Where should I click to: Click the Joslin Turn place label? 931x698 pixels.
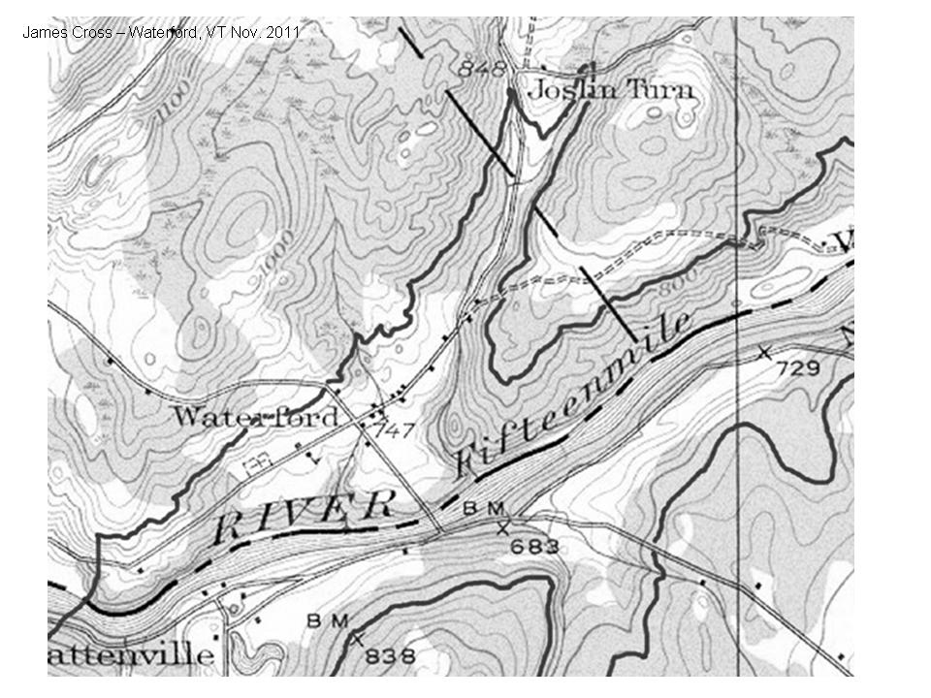point(610,90)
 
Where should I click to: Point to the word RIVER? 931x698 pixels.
point(304,514)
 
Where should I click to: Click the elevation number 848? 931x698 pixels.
point(483,69)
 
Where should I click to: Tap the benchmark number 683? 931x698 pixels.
point(534,547)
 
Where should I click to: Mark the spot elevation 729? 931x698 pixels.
point(797,367)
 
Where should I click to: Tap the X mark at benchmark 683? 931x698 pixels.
point(502,528)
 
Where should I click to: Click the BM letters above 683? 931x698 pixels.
point(484,508)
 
